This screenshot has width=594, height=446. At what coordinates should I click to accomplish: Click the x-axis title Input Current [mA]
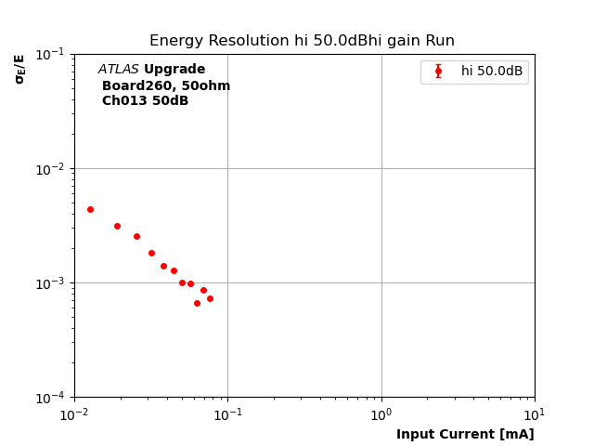(465, 434)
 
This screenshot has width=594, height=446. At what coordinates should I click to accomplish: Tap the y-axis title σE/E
(19, 69)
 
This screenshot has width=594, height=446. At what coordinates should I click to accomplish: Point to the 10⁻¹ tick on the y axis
(51, 54)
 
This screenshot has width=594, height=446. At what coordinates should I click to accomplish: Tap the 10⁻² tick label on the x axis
(74, 413)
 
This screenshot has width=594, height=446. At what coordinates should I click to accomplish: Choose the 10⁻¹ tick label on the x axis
(227, 413)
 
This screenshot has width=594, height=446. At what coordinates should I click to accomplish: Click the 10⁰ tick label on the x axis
(381, 413)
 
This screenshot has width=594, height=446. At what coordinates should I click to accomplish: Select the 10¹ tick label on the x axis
(535, 413)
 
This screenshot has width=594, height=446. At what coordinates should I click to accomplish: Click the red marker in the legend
(438, 72)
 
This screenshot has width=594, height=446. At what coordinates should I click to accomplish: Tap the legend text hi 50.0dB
(492, 72)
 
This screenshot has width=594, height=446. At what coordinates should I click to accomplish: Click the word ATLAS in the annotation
(118, 70)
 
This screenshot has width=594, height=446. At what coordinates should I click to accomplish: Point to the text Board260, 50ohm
(166, 85)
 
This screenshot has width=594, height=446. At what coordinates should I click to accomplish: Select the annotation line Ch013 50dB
(145, 101)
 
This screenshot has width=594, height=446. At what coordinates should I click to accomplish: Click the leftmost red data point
(90, 209)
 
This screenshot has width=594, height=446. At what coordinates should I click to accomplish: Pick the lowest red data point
(197, 303)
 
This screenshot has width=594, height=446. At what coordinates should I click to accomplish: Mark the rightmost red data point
(210, 298)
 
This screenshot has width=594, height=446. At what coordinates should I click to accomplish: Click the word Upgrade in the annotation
(174, 70)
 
